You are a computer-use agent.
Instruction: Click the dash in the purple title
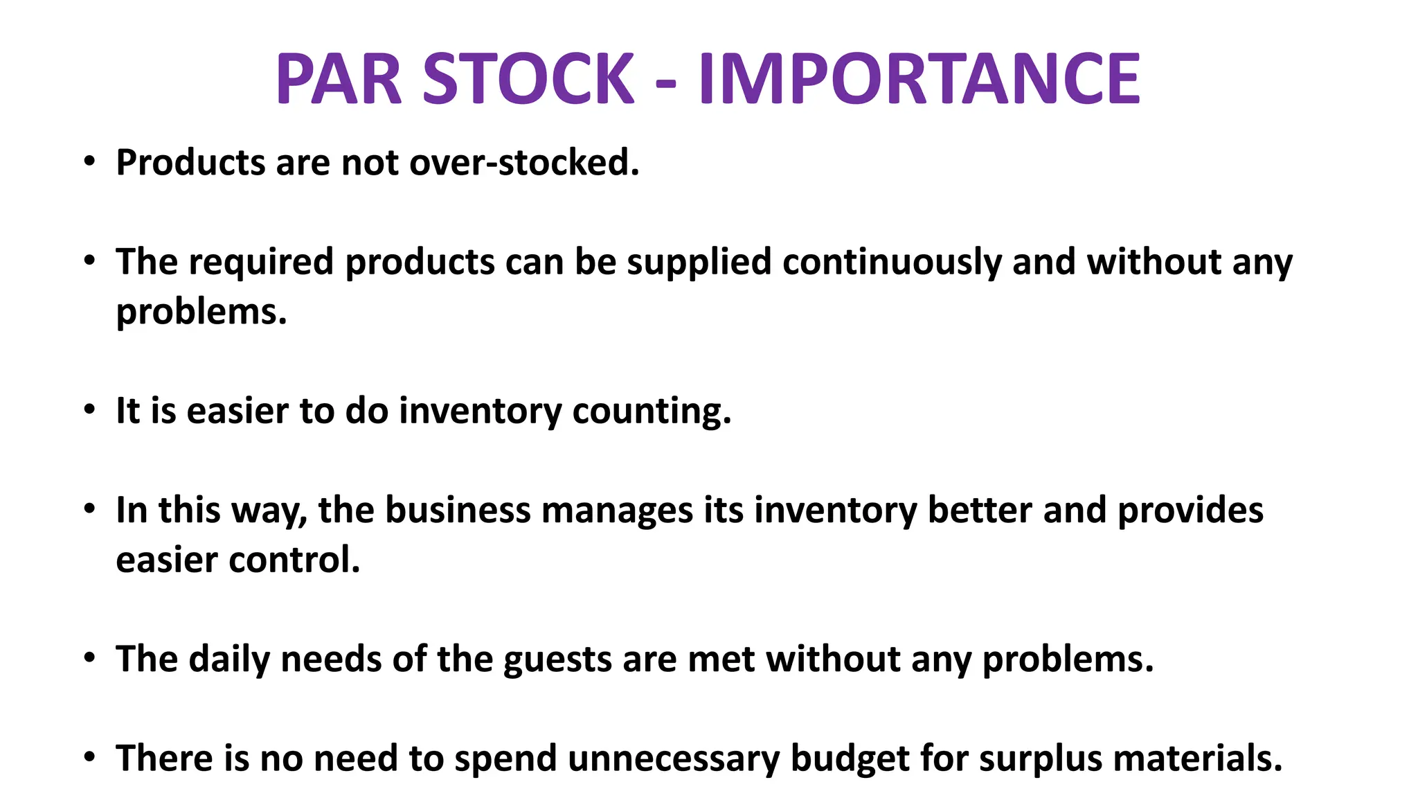[x=665, y=83]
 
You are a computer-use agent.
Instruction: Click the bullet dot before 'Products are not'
[x=89, y=162]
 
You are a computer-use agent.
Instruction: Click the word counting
[x=652, y=411]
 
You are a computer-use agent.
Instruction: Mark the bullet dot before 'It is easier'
[x=89, y=410]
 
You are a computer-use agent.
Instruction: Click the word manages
[x=617, y=511]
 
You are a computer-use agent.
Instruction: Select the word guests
[x=557, y=659]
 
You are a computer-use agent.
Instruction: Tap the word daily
[x=229, y=659]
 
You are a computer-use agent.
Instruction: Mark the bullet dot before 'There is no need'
[x=89, y=757]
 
